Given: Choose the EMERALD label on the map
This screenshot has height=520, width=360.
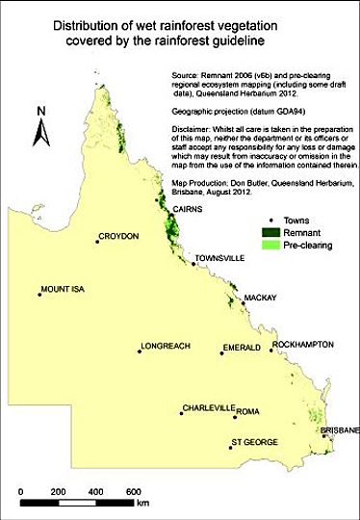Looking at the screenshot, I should (241, 346).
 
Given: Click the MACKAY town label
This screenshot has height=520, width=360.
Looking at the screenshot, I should (259, 299).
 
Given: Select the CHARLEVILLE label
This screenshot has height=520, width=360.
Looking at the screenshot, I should (209, 407).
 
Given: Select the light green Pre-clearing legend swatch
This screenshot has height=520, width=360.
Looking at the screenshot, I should (274, 247).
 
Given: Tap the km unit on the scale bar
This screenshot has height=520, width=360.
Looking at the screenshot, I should (142, 504).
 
